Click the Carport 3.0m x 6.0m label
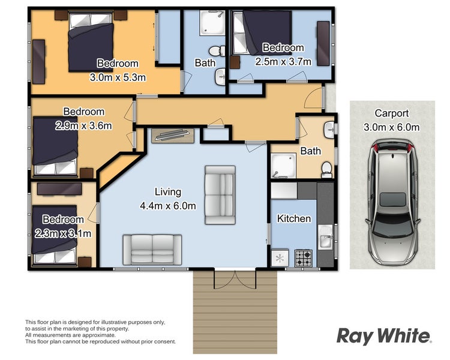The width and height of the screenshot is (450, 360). pos(391,119)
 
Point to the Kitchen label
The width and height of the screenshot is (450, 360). pos(293,218)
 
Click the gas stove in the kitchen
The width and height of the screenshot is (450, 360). pos(303,259)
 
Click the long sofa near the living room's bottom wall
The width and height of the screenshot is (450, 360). pos(153,249)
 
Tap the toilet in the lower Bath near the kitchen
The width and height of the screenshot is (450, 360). pos(326,169)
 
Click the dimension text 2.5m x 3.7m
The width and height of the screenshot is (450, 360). pos(283,61)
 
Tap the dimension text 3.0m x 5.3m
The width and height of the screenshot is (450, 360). pos(118,77)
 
